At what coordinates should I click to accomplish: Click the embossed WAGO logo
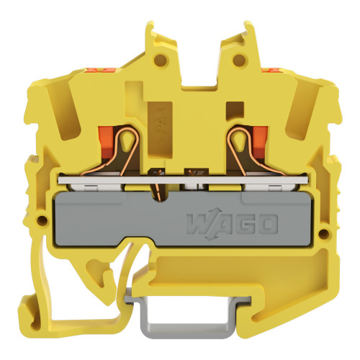[x=232, y=225]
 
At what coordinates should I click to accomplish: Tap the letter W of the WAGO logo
[x=197, y=225]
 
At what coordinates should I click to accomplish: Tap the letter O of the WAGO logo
[x=267, y=225]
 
